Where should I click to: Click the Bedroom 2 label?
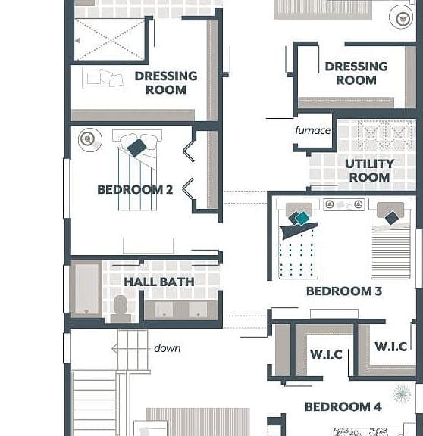point(135,190)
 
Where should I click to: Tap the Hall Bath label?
point(159,282)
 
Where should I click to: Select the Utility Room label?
point(369,170)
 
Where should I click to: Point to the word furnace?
point(313,130)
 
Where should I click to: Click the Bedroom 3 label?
point(344,291)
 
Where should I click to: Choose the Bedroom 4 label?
point(343,406)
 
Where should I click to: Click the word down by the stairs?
point(167,348)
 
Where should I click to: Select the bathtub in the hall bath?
point(86,288)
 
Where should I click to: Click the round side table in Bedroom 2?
point(90,139)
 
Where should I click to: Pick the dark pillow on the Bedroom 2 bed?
point(137,148)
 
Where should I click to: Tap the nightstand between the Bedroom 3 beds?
point(344,204)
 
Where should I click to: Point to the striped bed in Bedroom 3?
point(390,238)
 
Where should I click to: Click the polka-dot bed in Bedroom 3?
point(298,238)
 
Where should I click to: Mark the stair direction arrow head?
point(114,348)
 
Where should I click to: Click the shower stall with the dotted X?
point(109,39)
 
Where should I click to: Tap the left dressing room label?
point(166,83)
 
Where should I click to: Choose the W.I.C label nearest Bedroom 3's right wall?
point(391,347)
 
